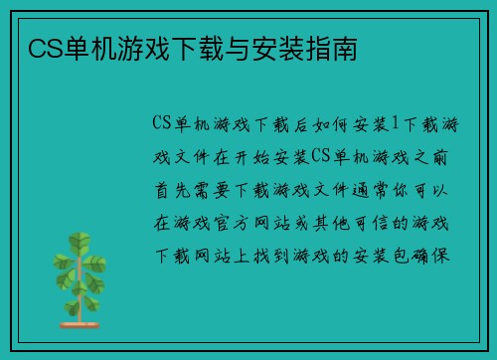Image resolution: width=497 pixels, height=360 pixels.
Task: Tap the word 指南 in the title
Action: [x=338, y=47]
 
